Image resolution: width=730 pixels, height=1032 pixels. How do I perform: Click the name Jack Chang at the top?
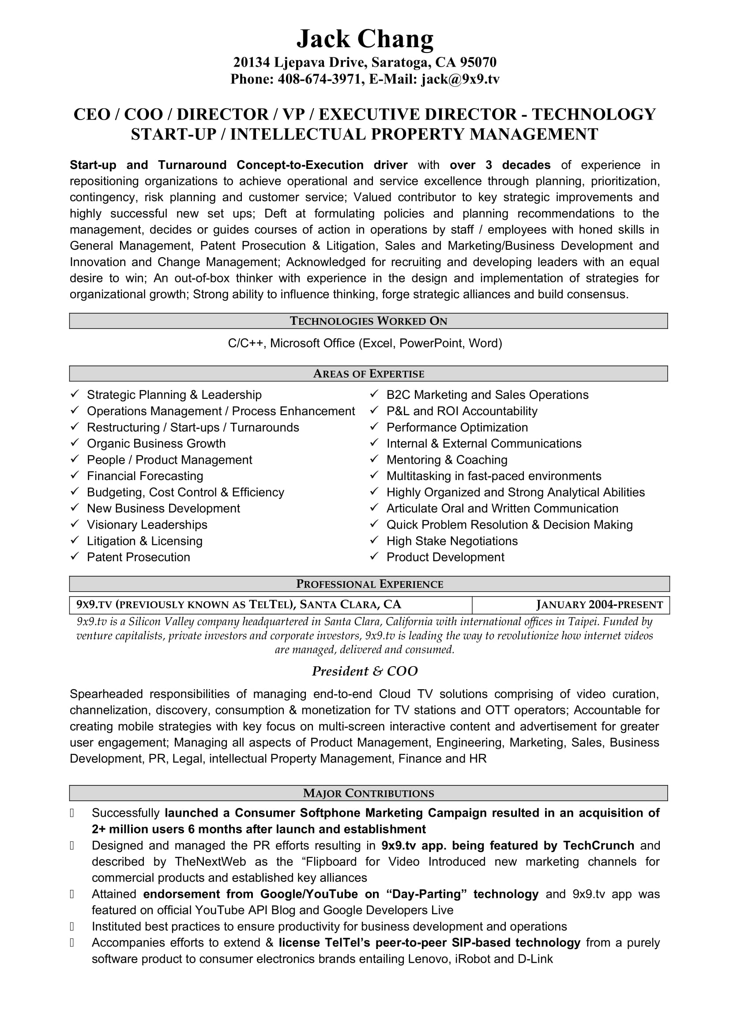365,39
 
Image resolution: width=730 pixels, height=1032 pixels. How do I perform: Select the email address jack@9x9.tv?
460,79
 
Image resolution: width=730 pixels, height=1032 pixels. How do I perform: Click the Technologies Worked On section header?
368,321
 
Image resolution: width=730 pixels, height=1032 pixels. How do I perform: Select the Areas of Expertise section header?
368,374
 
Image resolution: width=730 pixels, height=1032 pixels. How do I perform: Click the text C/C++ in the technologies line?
247,343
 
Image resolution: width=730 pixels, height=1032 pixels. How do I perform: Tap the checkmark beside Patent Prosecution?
75,556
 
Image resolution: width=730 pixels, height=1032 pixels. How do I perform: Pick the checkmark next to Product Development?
374,556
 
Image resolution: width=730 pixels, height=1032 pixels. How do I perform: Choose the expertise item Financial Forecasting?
145,476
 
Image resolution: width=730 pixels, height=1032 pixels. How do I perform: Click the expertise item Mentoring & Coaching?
446,460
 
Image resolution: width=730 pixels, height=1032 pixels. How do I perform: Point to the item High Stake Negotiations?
452,541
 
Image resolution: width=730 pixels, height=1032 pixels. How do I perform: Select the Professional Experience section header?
369,584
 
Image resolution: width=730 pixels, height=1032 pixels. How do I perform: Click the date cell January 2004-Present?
599,605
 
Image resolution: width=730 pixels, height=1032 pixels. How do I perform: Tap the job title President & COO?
365,671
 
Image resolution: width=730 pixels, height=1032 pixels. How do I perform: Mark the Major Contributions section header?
368,793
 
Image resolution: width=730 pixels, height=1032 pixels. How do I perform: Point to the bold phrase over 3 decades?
500,165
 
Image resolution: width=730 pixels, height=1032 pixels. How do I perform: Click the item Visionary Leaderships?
147,525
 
